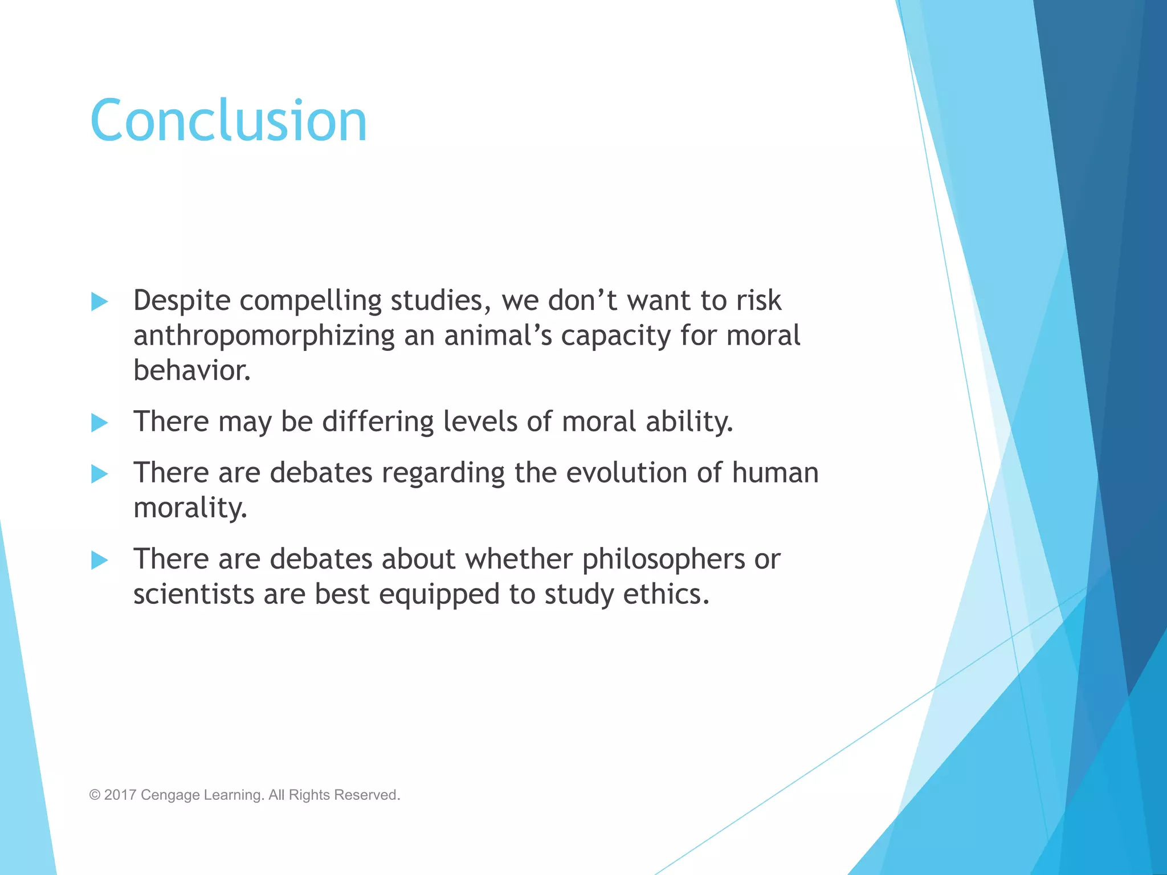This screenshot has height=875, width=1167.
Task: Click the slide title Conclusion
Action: point(228,121)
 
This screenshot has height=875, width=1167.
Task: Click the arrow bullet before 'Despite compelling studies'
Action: point(100,302)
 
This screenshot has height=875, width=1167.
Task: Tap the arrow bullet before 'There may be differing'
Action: point(100,423)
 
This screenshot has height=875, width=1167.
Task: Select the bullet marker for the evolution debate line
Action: point(100,474)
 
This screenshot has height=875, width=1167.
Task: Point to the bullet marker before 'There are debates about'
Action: point(100,561)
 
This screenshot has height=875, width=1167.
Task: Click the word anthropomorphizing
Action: point(264,336)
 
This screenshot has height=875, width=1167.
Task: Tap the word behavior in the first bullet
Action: point(191,371)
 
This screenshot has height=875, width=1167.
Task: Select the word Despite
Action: point(182,301)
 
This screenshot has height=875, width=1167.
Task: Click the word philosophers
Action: point(663,559)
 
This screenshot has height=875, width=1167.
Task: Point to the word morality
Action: point(190,508)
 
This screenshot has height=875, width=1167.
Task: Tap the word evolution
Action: point(626,473)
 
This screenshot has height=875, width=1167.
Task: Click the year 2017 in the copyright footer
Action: point(120,795)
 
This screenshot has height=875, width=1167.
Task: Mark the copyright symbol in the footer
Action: point(95,795)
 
